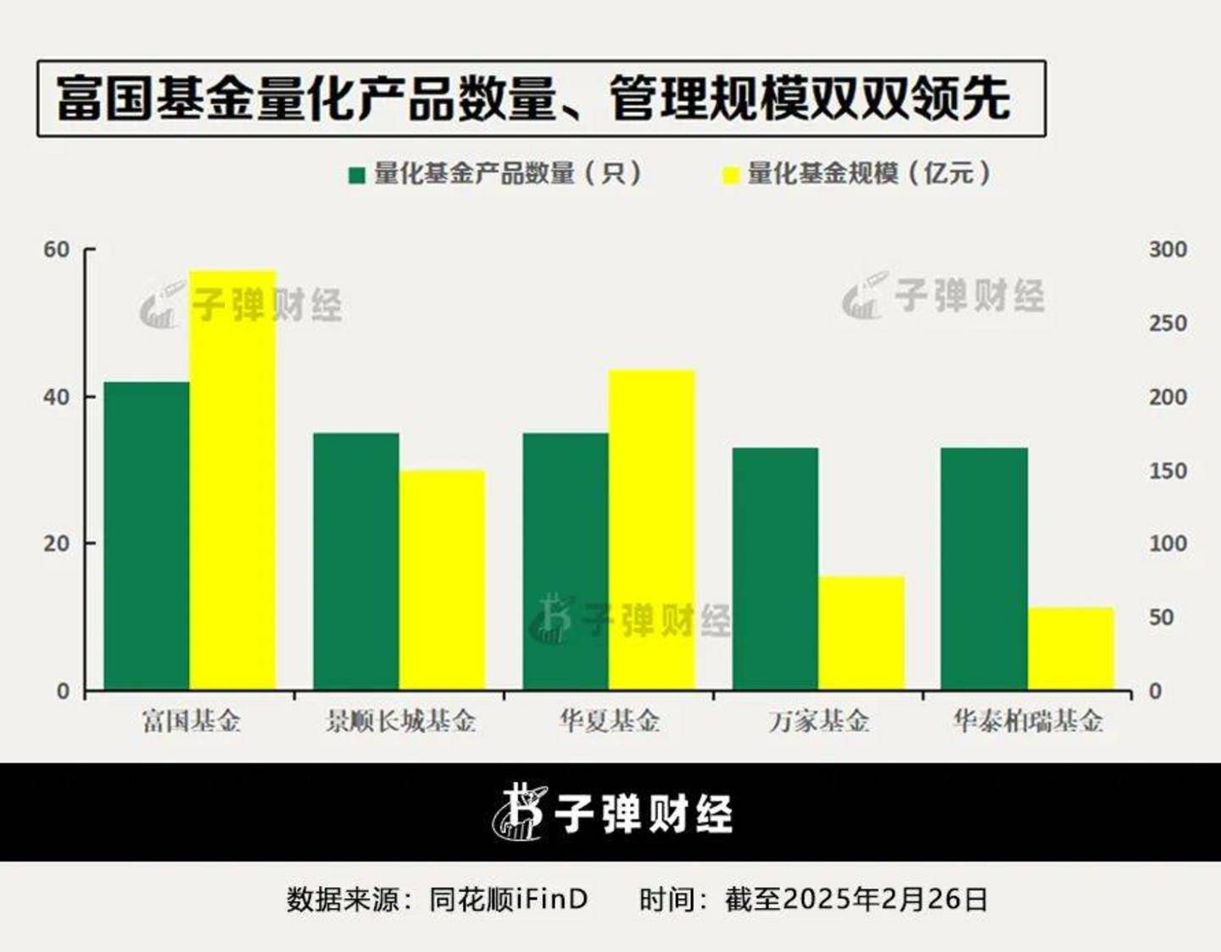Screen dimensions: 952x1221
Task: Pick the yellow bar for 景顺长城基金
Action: coord(443,580)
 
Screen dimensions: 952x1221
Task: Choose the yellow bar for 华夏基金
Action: coord(651,530)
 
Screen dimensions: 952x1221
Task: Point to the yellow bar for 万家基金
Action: coord(861,633)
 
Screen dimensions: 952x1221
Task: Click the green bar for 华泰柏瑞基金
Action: coord(984,569)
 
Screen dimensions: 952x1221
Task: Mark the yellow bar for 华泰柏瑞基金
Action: coord(1071,649)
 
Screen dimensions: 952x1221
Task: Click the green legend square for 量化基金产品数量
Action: coord(357,175)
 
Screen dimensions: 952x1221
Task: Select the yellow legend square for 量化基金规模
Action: coord(730,175)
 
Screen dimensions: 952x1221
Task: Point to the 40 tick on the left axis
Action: coord(57,397)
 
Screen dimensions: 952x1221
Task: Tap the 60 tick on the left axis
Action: coord(57,249)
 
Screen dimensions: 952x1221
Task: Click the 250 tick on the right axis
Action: coord(1168,323)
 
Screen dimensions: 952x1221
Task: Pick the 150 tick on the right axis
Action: coord(1168,470)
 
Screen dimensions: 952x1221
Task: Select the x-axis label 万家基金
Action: coord(819,721)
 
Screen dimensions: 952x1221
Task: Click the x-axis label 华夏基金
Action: coord(610,721)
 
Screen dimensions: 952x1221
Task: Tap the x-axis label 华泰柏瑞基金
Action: coord(1028,721)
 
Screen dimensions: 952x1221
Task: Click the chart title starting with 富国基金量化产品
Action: coord(534,98)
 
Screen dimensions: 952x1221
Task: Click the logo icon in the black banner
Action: coord(519,812)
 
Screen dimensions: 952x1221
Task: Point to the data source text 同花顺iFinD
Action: coord(509,899)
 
